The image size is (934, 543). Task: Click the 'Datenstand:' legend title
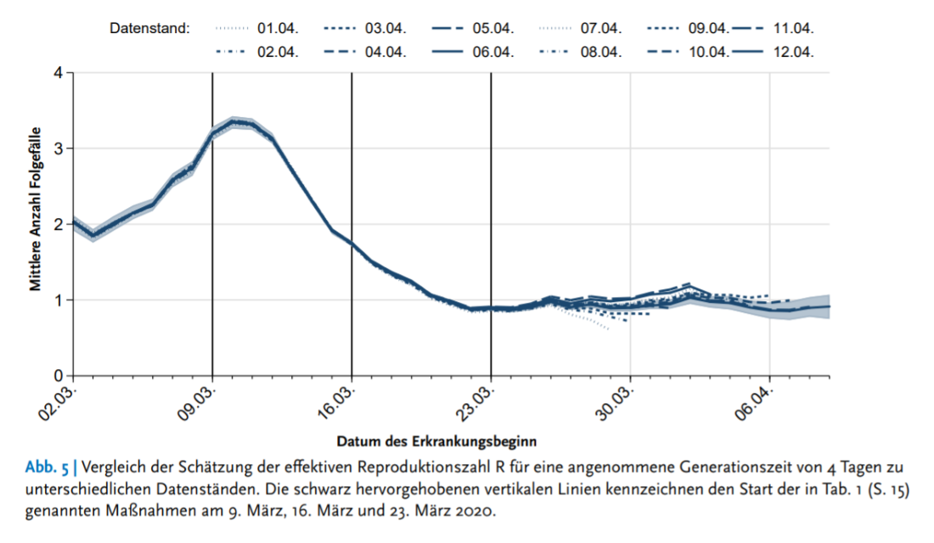150,28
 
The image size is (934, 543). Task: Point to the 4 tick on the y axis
58,72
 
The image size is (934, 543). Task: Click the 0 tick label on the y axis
58,376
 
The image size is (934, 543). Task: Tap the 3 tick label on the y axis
58,148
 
